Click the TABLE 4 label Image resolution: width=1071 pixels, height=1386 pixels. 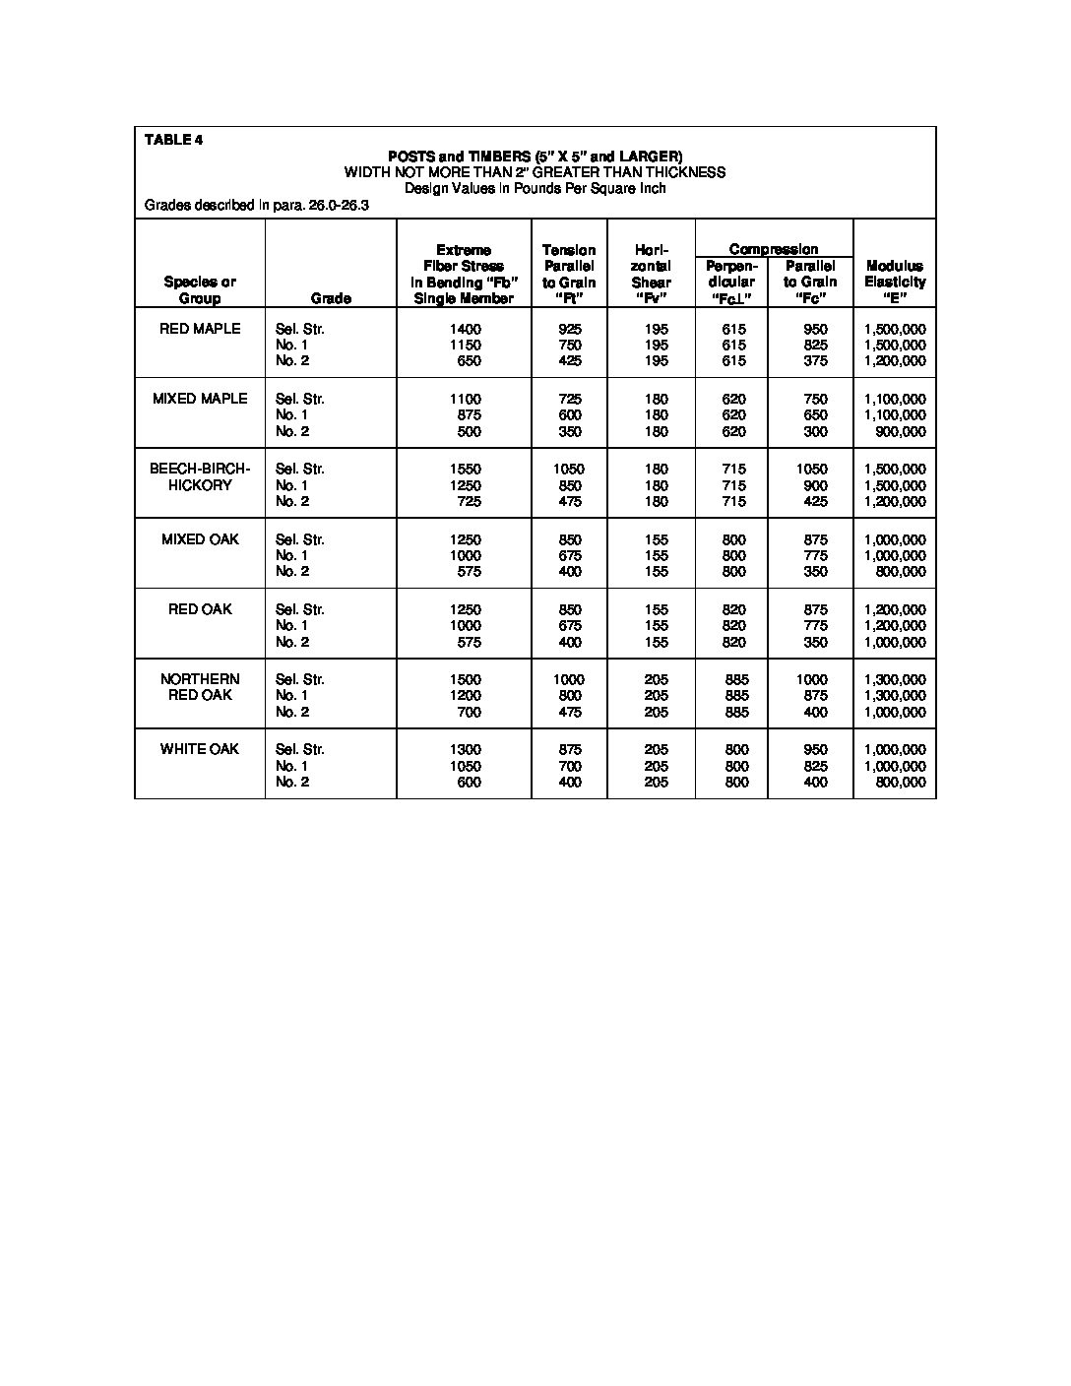pyautogui.click(x=173, y=139)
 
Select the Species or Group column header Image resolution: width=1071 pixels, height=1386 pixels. pyautogui.click(x=200, y=289)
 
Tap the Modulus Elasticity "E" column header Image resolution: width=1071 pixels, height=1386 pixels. pyautogui.click(x=895, y=282)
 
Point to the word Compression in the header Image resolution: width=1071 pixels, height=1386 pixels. pyautogui.click(x=774, y=249)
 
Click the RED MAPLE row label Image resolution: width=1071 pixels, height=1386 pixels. pyautogui.click(x=200, y=329)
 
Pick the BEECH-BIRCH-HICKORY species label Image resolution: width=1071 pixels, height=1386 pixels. pyautogui.click(x=200, y=477)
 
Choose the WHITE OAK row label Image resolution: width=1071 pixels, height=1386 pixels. pyautogui.click(x=200, y=749)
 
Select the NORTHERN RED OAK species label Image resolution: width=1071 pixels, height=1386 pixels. pyautogui.click(x=200, y=687)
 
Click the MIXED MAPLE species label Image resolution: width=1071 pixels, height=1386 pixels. pyautogui.click(x=200, y=399)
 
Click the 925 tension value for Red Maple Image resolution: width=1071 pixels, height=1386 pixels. pyautogui.click(x=569, y=329)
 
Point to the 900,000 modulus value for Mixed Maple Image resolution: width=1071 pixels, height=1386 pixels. pyautogui.click(x=901, y=431)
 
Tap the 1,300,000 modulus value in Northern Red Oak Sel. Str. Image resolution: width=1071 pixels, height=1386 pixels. pyautogui.click(x=895, y=679)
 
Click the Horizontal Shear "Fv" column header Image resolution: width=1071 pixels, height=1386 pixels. pyautogui.click(x=652, y=274)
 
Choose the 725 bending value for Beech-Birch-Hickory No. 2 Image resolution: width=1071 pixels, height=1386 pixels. pyautogui.click(x=469, y=501)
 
